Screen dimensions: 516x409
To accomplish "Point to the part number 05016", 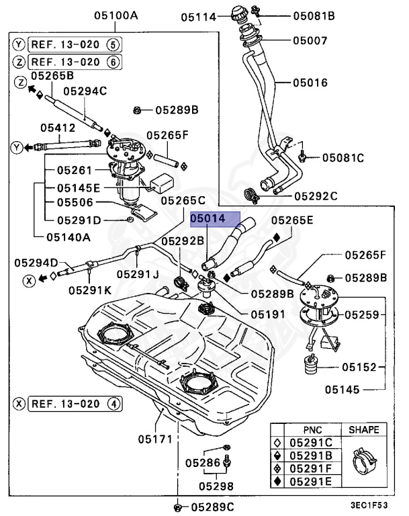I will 310,83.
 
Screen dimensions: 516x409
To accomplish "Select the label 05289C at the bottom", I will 211,507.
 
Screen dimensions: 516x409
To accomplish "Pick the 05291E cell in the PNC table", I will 311,481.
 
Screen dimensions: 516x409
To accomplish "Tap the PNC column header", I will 311,429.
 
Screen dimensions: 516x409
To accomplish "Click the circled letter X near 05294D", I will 29,282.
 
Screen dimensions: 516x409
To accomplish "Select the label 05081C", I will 342,159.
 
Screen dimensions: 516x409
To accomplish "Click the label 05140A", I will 69,236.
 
